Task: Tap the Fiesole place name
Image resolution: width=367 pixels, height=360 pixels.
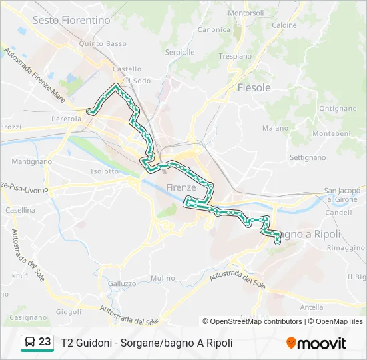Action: tap(254, 87)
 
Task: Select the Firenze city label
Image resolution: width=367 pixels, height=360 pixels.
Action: tap(181, 187)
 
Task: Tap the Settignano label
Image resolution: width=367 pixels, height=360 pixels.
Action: tap(308, 158)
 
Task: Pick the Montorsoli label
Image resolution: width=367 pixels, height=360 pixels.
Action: tap(246, 13)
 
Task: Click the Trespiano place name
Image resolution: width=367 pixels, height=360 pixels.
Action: tap(234, 57)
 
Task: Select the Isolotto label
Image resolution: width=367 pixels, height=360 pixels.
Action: tap(105, 171)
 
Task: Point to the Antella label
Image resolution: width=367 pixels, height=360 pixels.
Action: tap(312, 307)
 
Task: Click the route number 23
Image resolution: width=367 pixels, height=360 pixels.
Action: tap(45, 342)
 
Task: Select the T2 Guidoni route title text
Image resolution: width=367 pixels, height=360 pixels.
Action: tap(147, 343)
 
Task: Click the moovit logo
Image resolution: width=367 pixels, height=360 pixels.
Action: tap(316, 343)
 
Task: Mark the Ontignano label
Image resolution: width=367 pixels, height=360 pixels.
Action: tap(338, 108)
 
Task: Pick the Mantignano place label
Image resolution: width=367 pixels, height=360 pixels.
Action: tap(31, 161)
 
